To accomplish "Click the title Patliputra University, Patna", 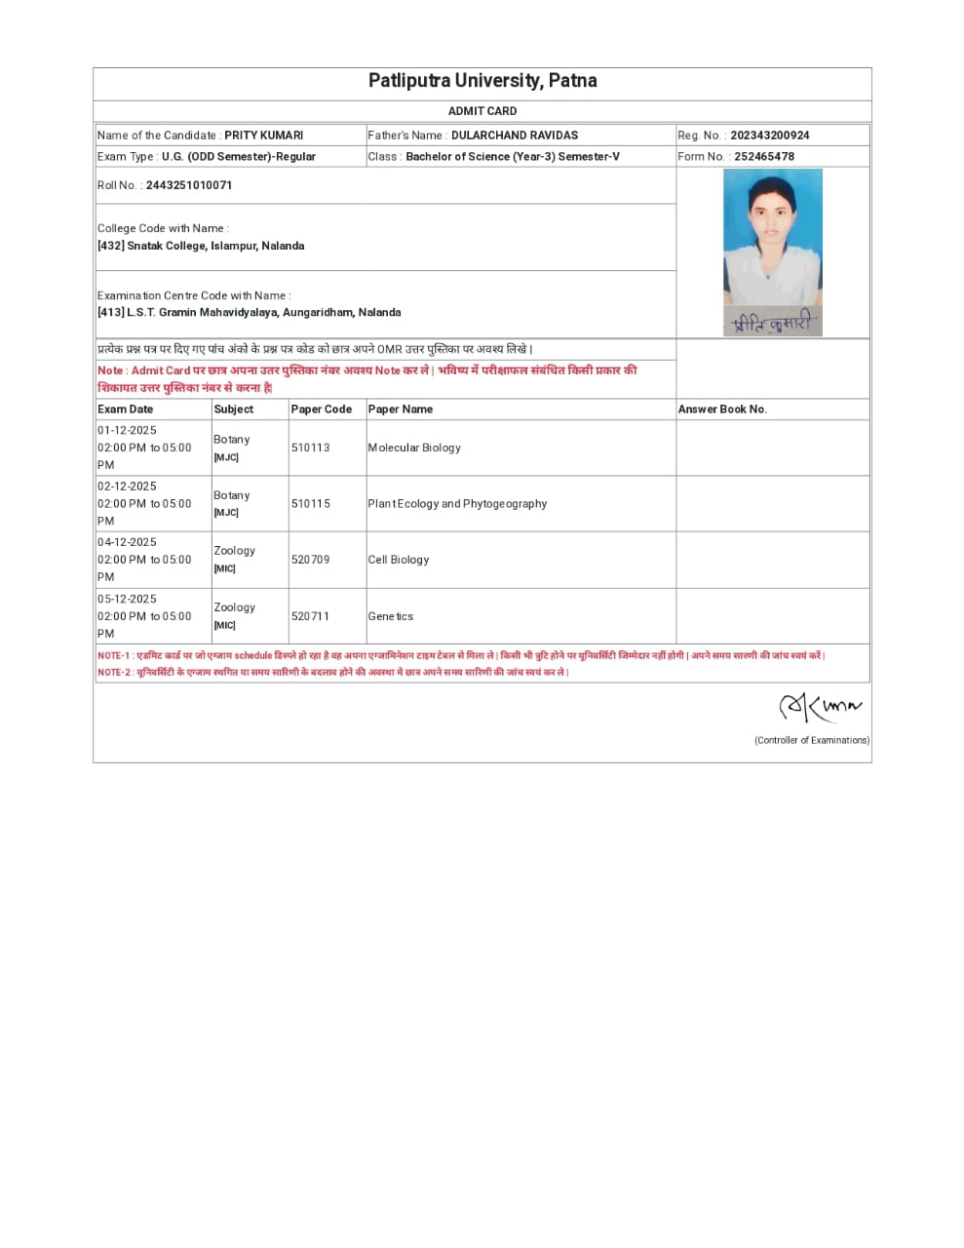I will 482,81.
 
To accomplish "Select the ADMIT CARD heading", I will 482,111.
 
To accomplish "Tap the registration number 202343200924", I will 769,136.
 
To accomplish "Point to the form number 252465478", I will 763,156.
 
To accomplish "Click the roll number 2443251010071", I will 189,185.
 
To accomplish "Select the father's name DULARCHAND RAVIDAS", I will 514,136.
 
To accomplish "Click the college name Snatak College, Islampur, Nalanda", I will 215,246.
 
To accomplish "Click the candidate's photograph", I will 772,239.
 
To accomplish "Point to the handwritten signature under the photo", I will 772,324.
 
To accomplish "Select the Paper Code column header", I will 321,409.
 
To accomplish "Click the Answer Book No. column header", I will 722,409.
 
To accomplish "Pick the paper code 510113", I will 310,448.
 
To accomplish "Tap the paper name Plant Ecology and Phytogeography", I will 457,504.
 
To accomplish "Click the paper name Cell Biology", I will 398,560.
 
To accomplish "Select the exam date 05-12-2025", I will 127,599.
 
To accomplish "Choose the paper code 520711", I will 310,616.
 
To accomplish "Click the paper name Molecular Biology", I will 414,448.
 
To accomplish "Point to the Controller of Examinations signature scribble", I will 819,707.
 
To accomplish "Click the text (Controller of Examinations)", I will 811,740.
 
